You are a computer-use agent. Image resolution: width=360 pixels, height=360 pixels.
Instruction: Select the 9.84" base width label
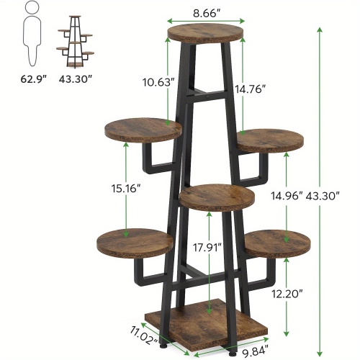[255, 351]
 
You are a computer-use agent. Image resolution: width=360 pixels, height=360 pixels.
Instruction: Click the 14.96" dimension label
[285, 195]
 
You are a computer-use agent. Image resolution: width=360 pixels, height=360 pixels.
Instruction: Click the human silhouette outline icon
[30, 32]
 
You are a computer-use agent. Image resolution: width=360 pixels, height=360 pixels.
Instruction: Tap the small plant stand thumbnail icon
[76, 40]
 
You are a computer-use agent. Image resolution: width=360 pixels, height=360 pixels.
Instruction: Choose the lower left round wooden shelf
[133, 240]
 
